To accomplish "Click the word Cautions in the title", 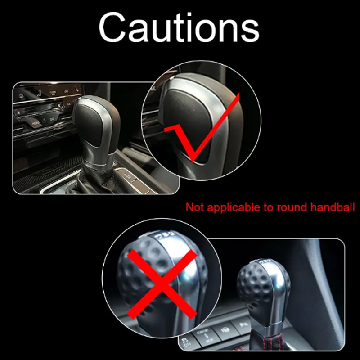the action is tap(179, 28).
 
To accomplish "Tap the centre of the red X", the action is tap(162, 284).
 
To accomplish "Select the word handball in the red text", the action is tap(333, 207).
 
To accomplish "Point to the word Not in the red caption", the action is tap(195, 207).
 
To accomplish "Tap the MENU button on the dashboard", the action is tap(36, 123).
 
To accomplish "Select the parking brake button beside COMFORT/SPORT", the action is tap(225, 330).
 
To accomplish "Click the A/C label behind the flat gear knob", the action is tap(69, 104).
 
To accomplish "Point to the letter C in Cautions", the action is tap(112, 28).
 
